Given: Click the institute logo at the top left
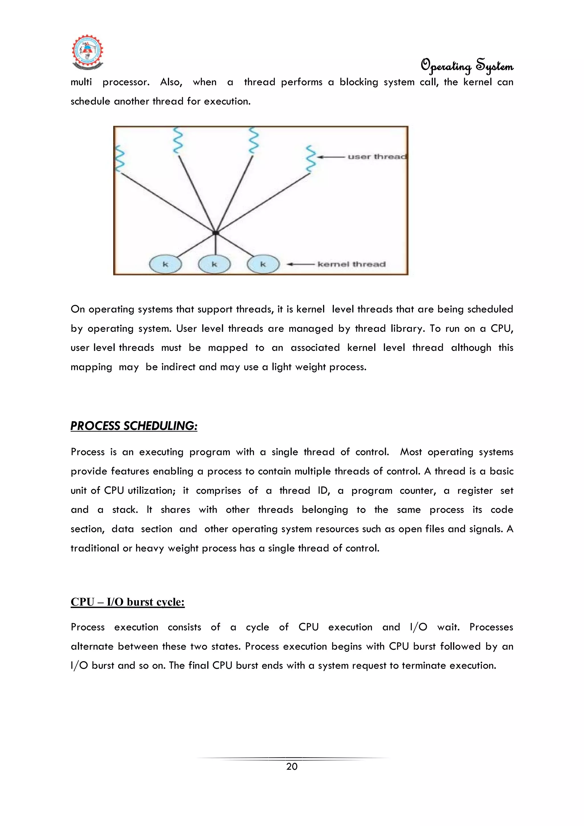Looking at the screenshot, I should (88, 52).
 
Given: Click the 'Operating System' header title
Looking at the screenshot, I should (467, 66).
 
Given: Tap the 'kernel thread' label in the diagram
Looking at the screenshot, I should (351, 264).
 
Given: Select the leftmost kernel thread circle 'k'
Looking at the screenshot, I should (165, 264).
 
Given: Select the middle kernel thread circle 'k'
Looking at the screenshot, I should (214, 264).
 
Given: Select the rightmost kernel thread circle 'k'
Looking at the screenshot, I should (263, 264).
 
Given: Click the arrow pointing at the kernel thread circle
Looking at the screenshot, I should (301, 264).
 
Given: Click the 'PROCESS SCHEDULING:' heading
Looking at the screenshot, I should (134, 426).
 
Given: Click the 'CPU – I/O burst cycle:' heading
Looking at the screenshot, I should (127, 602).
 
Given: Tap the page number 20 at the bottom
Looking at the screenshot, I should (292, 767).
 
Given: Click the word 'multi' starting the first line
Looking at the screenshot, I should (81, 82).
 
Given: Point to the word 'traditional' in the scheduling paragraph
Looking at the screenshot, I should (95, 548).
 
